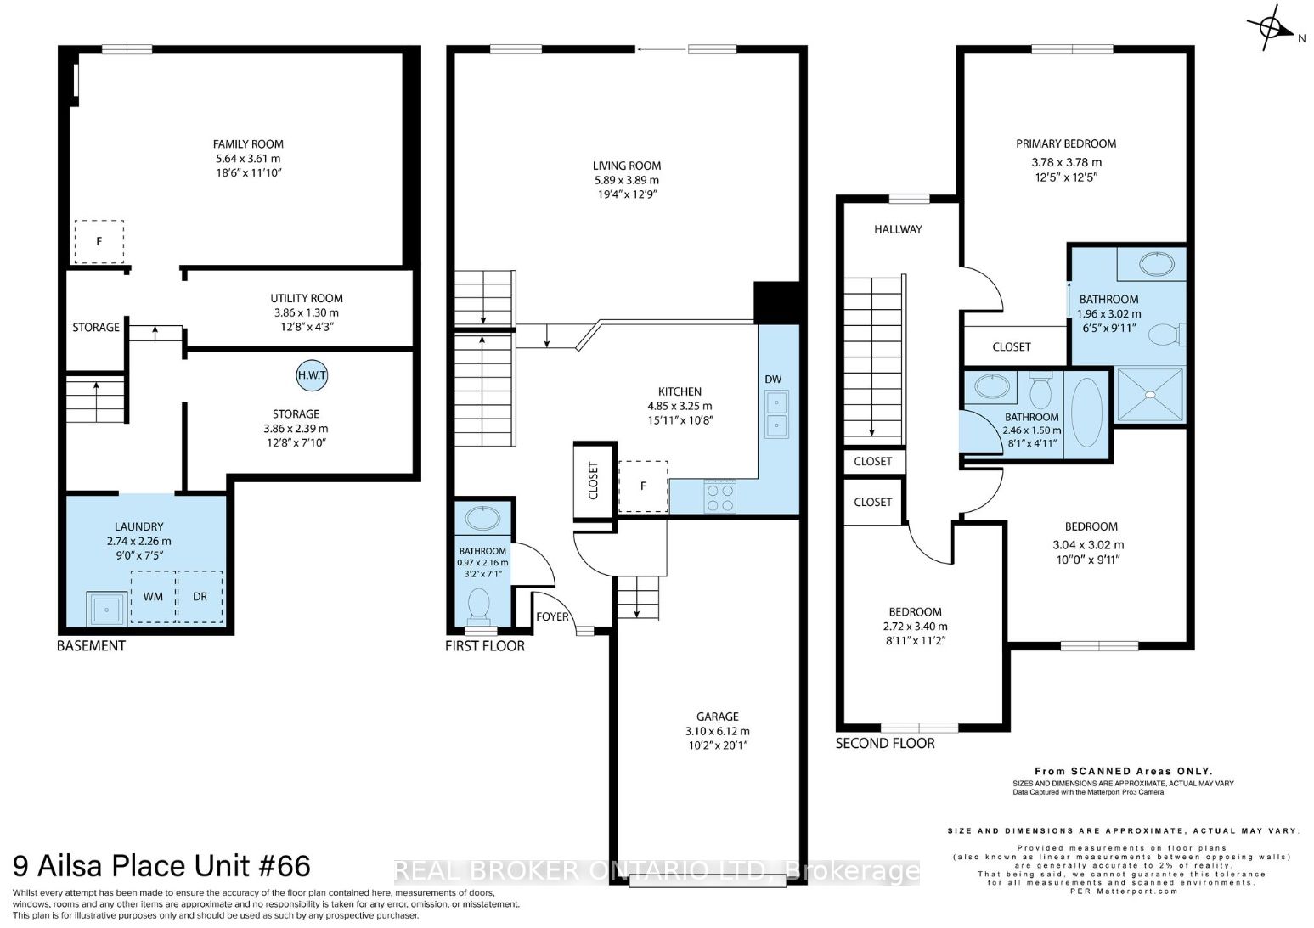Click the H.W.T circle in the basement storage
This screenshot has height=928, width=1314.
pyautogui.click(x=312, y=375)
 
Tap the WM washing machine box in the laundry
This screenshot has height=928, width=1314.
pyautogui.click(x=153, y=597)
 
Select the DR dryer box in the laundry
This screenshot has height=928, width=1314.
pyautogui.click(x=200, y=597)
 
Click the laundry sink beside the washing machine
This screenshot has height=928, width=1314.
pyautogui.click(x=107, y=609)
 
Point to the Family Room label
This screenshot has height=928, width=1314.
pyautogui.click(x=248, y=144)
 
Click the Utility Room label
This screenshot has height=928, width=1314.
pyautogui.click(x=307, y=298)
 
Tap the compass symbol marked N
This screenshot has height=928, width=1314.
pyautogui.click(x=1271, y=27)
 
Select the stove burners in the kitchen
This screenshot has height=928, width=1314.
pyautogui.click(x=719, y=498)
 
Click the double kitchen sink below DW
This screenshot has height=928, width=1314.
pyautogui.click(x=776, y=413)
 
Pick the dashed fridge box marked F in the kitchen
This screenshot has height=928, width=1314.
pyautogui.click(x=644, y=486)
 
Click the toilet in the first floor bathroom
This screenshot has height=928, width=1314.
pyautogui.click(x=479, y=606)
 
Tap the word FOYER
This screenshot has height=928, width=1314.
pyautogui.click(x=553, y=616)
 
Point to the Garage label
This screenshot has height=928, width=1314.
pyautogui.click(x=718, y=717)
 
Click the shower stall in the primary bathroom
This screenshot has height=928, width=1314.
pyautogui.click(x=1150, y=395)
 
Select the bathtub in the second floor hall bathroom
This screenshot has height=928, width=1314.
pyautogui.click(x=1086, y=412)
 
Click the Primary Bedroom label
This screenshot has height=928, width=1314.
pyautogui.click(x=1066, y=143)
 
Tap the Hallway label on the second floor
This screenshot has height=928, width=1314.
pyautogui.click(x=898, y=229)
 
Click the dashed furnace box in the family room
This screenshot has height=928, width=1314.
pyautogui.click(x=99, y=242)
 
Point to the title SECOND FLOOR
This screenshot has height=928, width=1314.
pyautogui.click(x=885, y=744)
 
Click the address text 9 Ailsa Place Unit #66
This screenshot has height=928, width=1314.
pyautogui.click(x=162, y=866)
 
